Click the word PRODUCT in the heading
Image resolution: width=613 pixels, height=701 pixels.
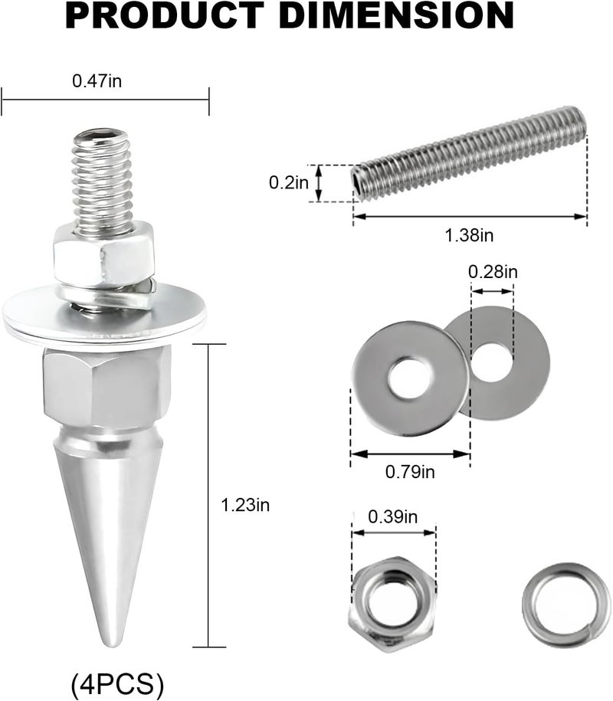(x=165, y=15)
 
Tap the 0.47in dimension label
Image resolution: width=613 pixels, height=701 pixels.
(x=97, y=81)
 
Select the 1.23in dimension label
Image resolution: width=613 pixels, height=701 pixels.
(x=245, y=505)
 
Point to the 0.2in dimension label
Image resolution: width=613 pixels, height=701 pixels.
(x=289, y=182)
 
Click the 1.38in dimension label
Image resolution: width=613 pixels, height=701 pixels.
(x=470, y=235)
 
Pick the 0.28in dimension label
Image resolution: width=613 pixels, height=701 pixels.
(x=493, y=271)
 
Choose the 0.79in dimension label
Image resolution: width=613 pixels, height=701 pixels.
(x=410, y=471)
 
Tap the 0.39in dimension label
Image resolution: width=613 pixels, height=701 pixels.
(x=393, y=517)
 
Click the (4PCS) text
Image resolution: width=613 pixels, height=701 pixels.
(x=117, y=683)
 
